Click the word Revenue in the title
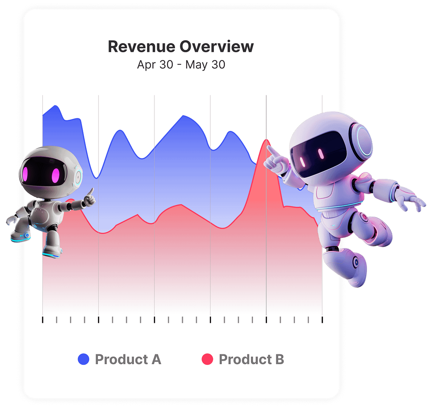pyautogui.click(x=141, y=47)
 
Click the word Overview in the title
pyautogui.click(x=217, y=47)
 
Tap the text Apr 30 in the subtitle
pyautogui.click(x=155, y=65)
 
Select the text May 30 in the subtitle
pyautogui.click(x=205, y=65)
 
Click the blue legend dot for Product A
pyautogui.click(x=83, y=359)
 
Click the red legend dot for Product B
pyautogui.click(x=208, y=359)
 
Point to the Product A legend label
pyautogui.click(x=128, y=359)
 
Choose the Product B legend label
pyautogui.click(x=251, y=359)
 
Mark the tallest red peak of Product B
pyautogui.click(x=266, y=140)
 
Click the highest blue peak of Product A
pyautogui.click(x=55, y=106)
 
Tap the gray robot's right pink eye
pyautogui.click(x=56, y=175)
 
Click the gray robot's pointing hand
pyautogui.click(x=89, y=198)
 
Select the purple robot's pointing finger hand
pyautogui.click(x=276, y=161)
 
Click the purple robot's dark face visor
pyautogui.click(x=319, y=154)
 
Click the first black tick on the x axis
pyautogui.click(x=43, y=320)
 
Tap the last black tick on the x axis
pyautogui.click(x=322, y=320)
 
